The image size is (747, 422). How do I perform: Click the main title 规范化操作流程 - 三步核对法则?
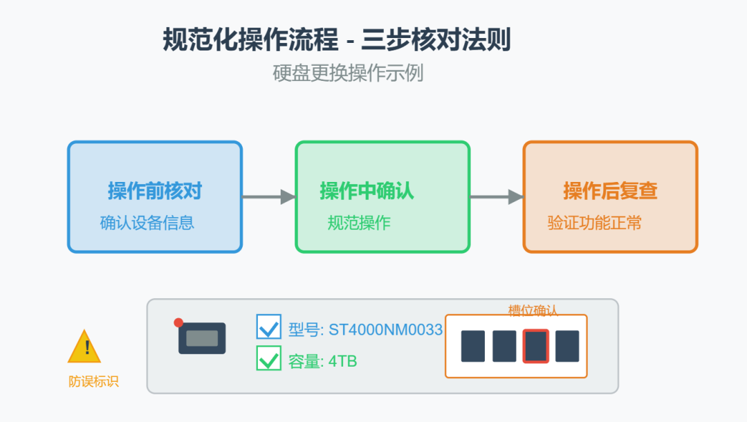click(336, 40)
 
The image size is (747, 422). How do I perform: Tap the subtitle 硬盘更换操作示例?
click(348, 73)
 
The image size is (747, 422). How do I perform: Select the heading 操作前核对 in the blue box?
click(155, 191)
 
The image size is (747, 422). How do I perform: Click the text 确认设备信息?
click(147, 223)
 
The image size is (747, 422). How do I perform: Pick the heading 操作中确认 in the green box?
click(367, 191)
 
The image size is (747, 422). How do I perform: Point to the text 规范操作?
click(359, 223)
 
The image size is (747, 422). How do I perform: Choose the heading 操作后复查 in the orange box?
click(610, 191)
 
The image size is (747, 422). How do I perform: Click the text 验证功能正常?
click(594, 223)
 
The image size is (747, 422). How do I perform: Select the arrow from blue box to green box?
click(268, 197)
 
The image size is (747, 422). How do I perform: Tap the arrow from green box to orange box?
click(496, 197)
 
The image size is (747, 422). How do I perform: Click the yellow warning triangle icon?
click(84, 347)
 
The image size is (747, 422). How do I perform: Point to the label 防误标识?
click(93, 381)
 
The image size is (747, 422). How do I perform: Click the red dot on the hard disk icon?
click(178, 322)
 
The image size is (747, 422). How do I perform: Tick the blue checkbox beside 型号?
click(268, 327)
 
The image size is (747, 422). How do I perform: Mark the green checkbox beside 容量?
click(268, 358)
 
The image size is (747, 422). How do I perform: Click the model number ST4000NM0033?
click(385, 330)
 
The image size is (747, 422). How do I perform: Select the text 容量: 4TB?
click(322, 361)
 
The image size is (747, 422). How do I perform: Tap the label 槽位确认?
click(533, 310)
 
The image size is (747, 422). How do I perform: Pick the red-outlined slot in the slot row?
click(536, 346)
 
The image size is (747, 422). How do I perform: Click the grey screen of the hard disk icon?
click(202, 338)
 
